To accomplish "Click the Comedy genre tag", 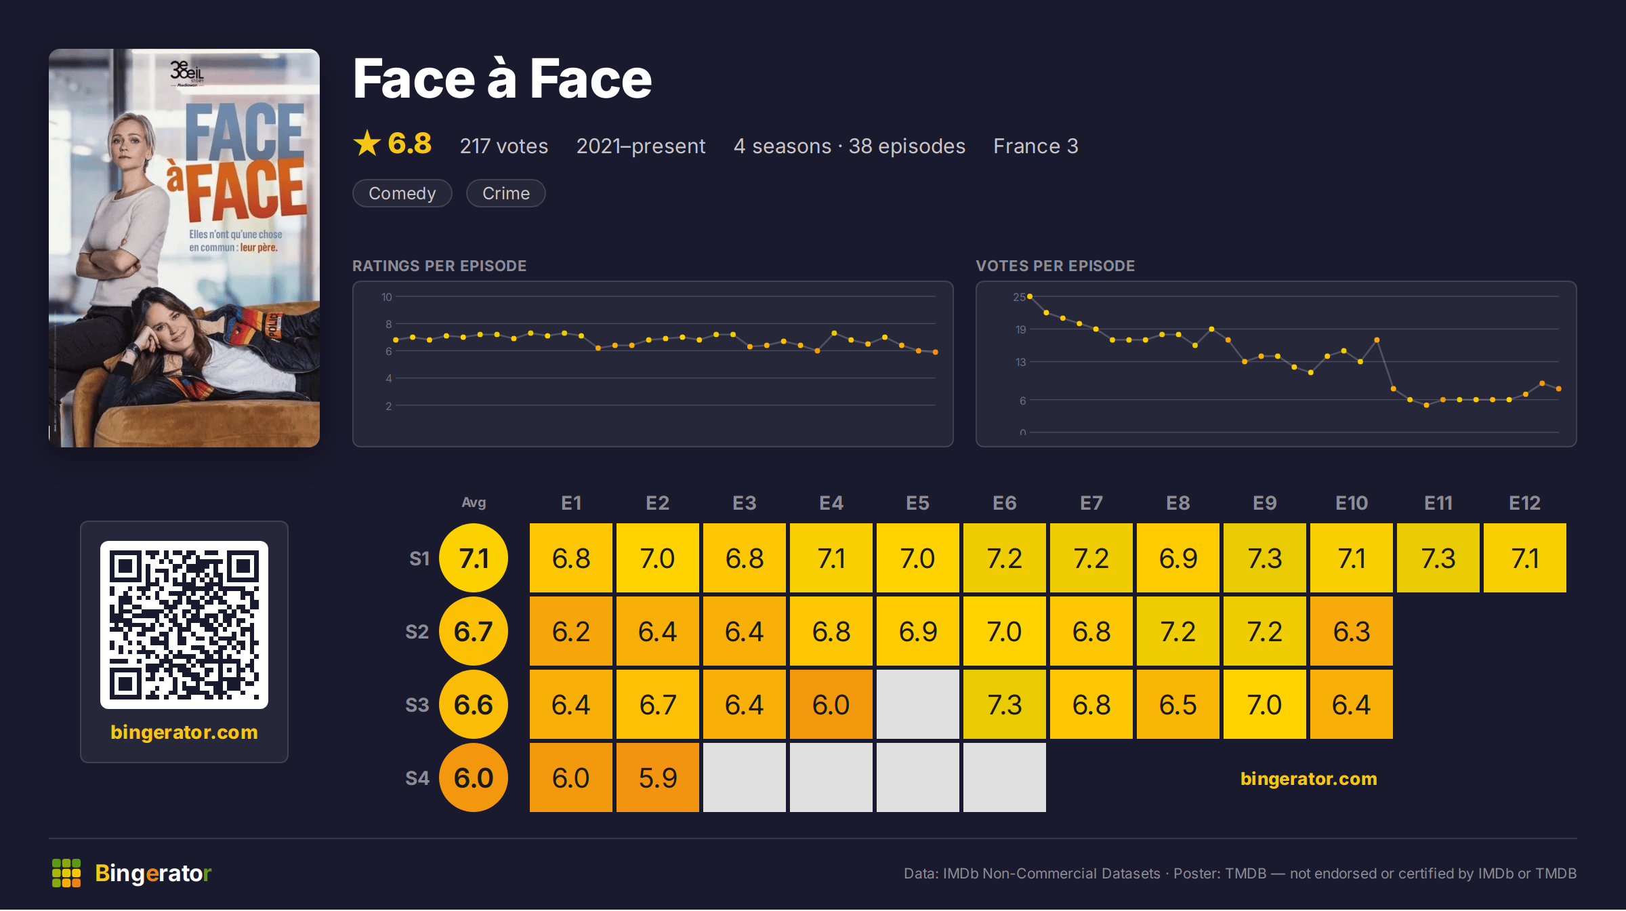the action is pyautogui.click(x=402, y=193).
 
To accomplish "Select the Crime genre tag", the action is pyautogui.click(x=505, y=193).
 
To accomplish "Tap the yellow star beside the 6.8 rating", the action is pyautogui.click(x=367, y=143).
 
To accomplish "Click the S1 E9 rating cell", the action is pyautogui.click(x=1264, y=558).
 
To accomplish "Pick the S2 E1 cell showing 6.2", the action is pyautogui.click(x=570, y=631).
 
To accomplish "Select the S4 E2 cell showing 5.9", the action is pyautogui.click(x=657, y=777).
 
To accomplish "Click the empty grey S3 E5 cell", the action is pyautogui.click(x=917, y=704).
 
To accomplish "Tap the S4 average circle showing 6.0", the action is pyautogui.click(x=474, y=777).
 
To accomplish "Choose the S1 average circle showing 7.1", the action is pyautogui.click(x=474, y=558).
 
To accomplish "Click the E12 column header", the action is pyautogui.click(x=1524, y=503).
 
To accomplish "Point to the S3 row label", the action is pyautogui.click(x=417, y=705).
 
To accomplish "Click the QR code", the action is pyautogui.click(x=184, y=625).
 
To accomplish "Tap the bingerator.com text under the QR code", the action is pyautogui.click(x=184, y=732).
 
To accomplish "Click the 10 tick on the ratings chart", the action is pyautogui.click(x=386, y=297).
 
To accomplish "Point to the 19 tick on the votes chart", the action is pyautogui.click(x=1020, y=329).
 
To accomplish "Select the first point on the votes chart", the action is pyautogui.click(x=1030, y=296).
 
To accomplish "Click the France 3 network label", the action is pyautogui.click(x=1036, y=146).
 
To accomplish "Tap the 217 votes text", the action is pyautogui.click(x=504, y=146).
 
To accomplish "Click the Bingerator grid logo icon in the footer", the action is pyautogui.click(x=66, y=873).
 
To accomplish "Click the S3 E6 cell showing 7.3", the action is pyautogui.click(x=1004, y=704).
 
